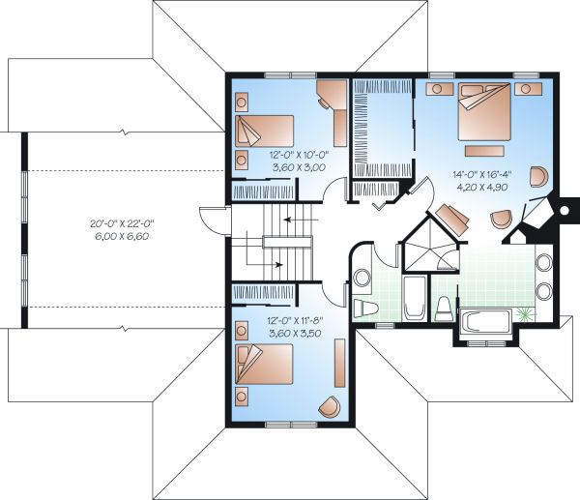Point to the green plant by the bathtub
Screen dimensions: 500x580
525,313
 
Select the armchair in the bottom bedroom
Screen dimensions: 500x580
329,407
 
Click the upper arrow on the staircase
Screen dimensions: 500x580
287,222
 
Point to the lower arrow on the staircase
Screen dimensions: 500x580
275,262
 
